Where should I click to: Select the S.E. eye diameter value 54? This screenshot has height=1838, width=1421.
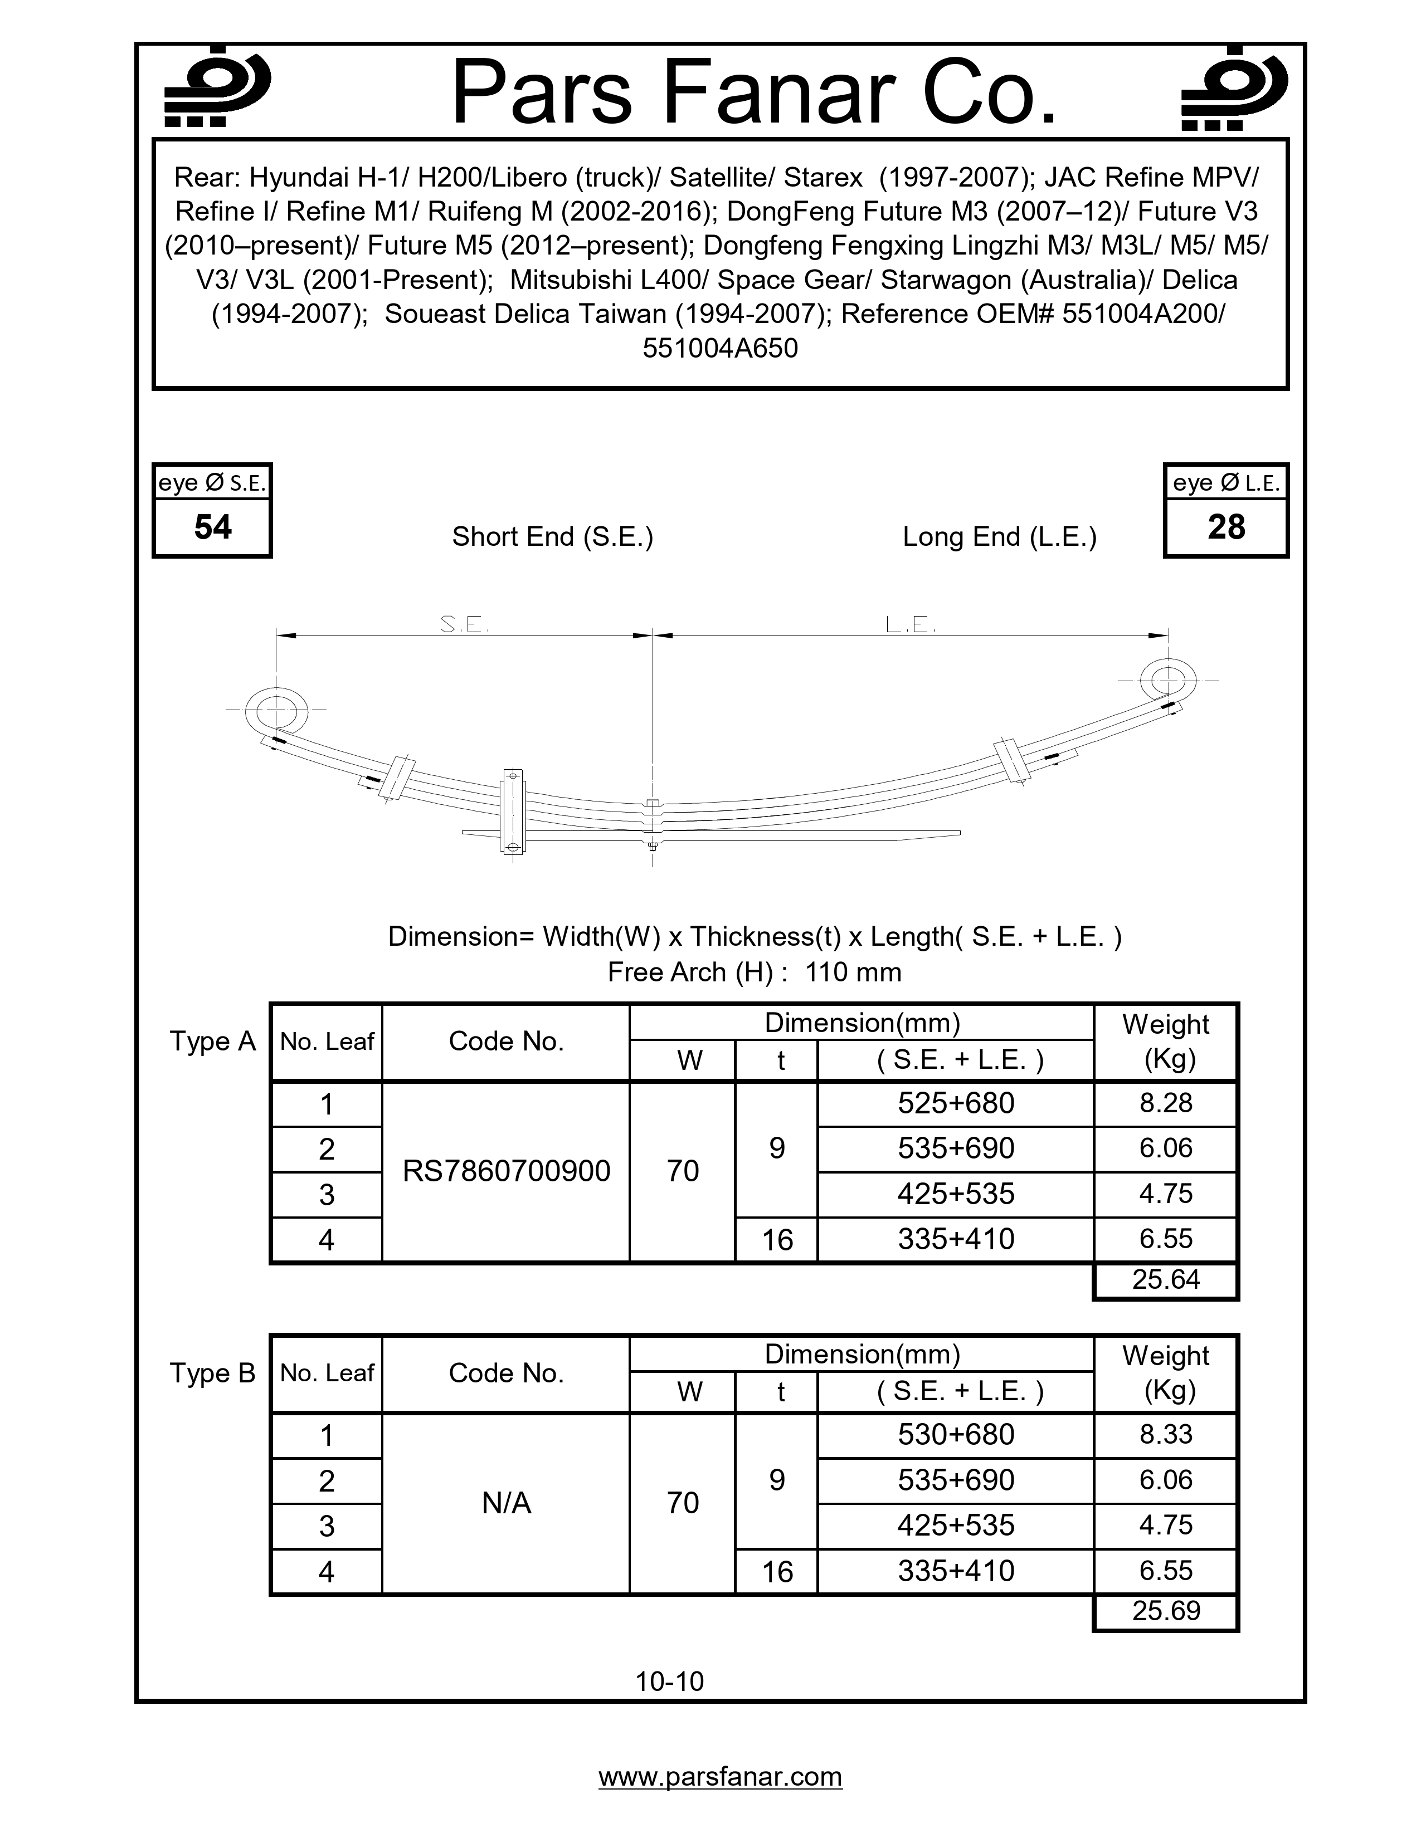click(212, 527)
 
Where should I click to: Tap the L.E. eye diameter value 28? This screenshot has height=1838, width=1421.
click(1226, 527)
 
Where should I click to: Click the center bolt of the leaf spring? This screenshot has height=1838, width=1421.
click(653, 825)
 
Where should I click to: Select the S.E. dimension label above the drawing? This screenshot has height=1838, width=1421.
click(465, 624)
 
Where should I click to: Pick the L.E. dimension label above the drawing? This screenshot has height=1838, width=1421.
click(911, 624)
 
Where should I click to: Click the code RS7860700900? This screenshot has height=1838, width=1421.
click(506, 1171)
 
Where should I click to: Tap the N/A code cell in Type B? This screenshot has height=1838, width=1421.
click(506, 1503)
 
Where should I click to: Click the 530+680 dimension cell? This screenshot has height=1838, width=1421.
click(956, 1435)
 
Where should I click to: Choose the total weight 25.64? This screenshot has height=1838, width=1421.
click(1165, 1279)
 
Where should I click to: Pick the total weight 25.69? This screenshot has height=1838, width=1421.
click(1165, 1611)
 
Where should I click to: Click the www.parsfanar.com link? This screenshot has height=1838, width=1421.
click(720, 1777)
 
